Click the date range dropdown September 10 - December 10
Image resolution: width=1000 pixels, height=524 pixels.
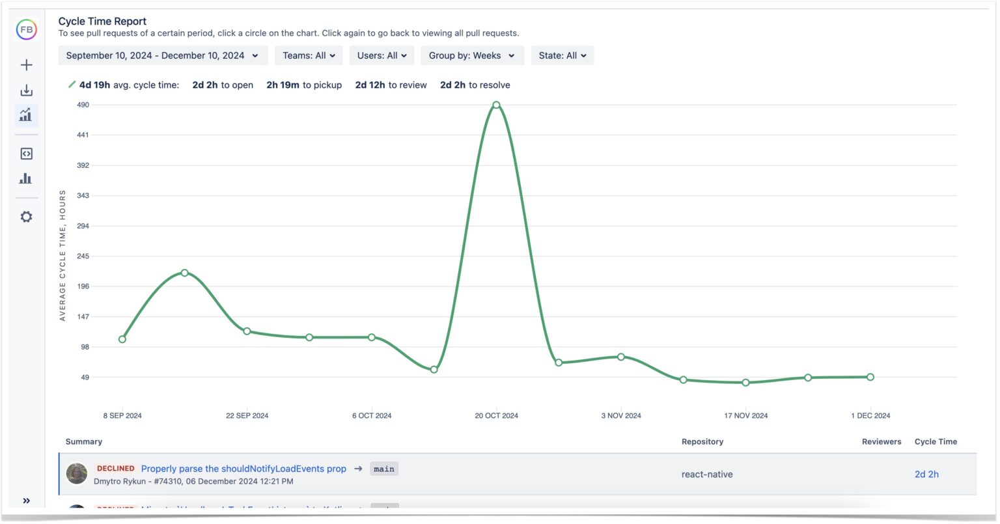161,56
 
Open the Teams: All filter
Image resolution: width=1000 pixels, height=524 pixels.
309,56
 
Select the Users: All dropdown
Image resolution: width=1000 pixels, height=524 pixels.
382,56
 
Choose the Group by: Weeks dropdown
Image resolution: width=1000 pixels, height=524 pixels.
471,56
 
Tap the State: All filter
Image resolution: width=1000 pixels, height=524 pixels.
562,56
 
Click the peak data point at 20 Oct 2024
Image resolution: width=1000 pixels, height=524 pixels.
496,105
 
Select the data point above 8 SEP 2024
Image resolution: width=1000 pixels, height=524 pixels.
122,339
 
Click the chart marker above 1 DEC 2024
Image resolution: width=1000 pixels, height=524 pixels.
870,377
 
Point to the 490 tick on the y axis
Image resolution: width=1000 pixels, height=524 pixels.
83,105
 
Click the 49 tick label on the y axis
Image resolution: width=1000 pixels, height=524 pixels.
85,378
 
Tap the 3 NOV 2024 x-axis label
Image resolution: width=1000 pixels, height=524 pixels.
621,416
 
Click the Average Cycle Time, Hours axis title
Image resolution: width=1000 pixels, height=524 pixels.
62,256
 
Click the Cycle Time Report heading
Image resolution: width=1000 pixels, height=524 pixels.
102,21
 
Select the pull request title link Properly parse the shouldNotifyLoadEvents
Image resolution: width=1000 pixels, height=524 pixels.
243,469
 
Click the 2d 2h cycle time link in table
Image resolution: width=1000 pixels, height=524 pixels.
926,475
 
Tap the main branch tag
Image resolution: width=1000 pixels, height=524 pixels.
384,469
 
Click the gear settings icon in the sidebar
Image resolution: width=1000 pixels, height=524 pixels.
26,217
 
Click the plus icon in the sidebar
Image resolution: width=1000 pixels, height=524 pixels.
26,65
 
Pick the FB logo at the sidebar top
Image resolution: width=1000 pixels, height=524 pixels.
27,30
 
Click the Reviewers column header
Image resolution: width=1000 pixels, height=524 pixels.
882,442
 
